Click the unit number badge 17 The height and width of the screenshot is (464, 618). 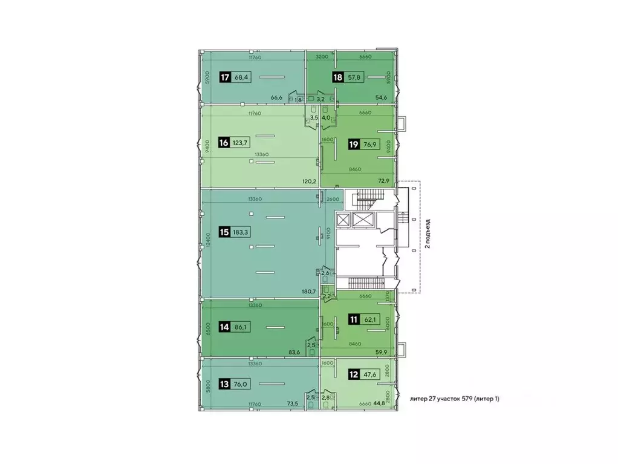coord(225,77)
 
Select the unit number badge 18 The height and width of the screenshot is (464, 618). coord(337,77)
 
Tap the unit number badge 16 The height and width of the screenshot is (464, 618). coord(224,143)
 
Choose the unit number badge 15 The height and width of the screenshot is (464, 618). coord(224,232)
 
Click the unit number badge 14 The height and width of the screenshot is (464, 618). coord(225,327)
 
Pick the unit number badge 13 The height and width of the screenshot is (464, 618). coord(225,383)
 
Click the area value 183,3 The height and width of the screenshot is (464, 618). coord(242,232)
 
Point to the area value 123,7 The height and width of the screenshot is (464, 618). coord(242,143)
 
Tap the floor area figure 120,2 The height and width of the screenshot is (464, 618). coord(310,181)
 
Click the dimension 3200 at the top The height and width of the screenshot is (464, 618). coord(321,57)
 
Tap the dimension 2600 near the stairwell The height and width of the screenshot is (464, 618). coord(331,199)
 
